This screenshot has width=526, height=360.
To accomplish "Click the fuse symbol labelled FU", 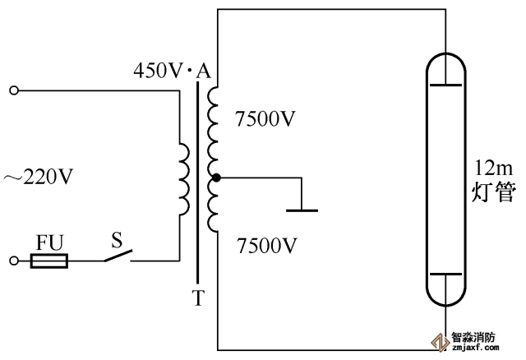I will (x=49, y=261).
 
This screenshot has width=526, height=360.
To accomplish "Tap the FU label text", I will (x=49, y=242).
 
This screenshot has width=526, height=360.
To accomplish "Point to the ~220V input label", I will (x=39, y=176).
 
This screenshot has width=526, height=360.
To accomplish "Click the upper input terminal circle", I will (x=13, y=90).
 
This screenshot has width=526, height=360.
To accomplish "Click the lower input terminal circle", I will (x=13, y=261).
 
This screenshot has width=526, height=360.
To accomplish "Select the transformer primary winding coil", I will (x=184, y=177).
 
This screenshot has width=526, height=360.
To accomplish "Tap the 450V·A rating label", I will (x=173, y=72).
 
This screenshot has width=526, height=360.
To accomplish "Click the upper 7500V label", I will (x=265, y=118).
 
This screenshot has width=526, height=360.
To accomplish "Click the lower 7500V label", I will (x=265, y=245).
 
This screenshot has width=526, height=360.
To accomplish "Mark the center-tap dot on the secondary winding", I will (x=215, y=177).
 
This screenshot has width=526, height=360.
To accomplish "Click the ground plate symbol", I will (x=302, y=210).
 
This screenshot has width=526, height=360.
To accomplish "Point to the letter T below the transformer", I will (x=197, y=298).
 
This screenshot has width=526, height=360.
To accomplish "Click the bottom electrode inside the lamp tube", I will (x=444, y=274).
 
